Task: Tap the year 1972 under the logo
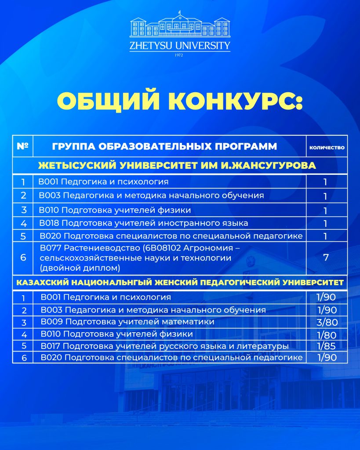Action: pos(180,55)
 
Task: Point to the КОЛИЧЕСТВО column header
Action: pos(327,148)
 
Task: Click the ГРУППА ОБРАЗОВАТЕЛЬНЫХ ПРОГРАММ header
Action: pos(164,146)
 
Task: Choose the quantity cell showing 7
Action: pos(326,258)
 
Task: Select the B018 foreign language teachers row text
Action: pos(144,223)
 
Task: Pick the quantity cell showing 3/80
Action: pos(327,322)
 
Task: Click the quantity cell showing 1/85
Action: pos(327,346)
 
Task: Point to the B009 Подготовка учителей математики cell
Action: pos(127,322)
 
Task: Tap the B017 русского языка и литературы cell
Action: pos(164,346)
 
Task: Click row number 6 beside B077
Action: pos(23,258)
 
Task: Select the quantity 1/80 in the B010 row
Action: pos(327,334)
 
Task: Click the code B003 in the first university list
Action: pos(47,195)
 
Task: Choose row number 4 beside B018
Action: pos(23,223)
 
